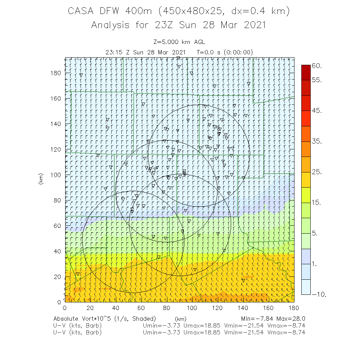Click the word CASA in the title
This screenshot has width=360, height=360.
81,11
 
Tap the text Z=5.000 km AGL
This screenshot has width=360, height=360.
179,42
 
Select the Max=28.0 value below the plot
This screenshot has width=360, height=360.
292,319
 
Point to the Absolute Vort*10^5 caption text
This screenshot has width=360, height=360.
104,319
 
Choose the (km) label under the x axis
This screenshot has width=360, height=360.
180,319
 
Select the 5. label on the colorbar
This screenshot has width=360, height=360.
314,233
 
